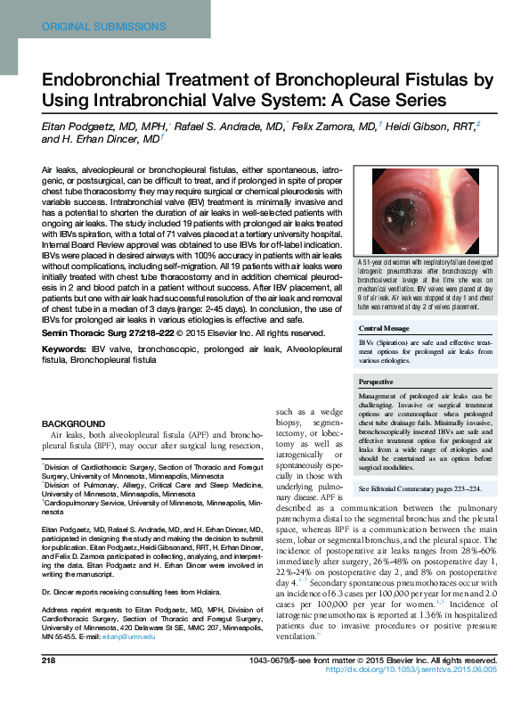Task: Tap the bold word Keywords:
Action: coord(71,349)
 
